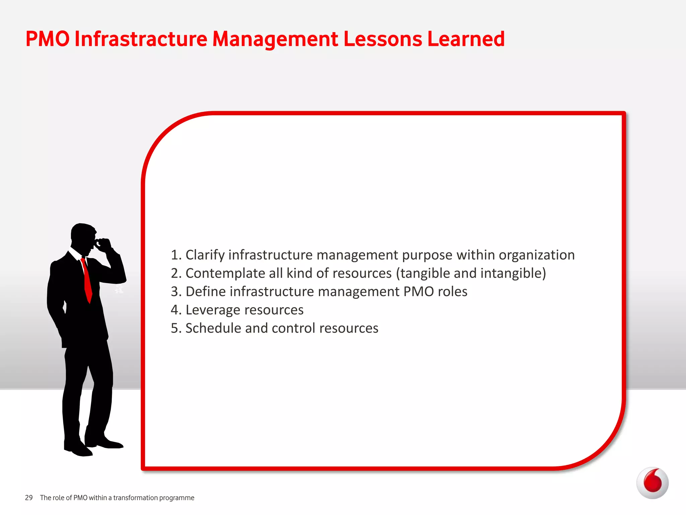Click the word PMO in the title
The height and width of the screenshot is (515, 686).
[x=48, y=39]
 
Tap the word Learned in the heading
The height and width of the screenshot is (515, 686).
[x=466, y=39]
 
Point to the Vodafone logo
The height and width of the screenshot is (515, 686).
[x=652, y=483]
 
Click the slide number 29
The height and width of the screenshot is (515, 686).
[x=29, y=498]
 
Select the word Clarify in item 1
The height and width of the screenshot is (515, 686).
[x=205, y=255]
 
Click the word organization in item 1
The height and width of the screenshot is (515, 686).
[x=537, y=255]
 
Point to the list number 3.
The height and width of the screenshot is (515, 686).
[x=174, y=292]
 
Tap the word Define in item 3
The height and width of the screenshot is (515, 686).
[x=205, y=292]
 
